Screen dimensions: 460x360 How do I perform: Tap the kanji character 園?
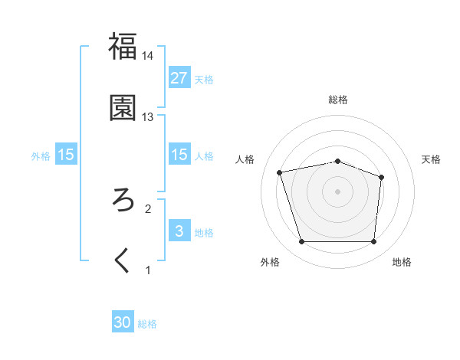pyautogui.click(x=123, y=108)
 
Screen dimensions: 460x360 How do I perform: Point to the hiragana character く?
pyautogui.click(x=123, y=261)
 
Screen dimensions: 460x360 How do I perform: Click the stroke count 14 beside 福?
pyautogui.click(x=147, y=56)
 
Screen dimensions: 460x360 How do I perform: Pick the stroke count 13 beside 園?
pyautogui.click(x=147, y=117)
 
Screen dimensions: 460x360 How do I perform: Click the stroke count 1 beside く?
pyautogui.click(x=148, y=270)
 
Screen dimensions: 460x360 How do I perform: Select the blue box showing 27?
pyautogui.click(x=179, y=77)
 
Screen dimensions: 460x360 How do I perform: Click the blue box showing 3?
pyautogui.click(x=179, y=231)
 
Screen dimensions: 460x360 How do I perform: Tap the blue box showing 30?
pyautogui.click(x=123, y=322)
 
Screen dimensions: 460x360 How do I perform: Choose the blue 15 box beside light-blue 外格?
pyautogui.click(x=66, y=155)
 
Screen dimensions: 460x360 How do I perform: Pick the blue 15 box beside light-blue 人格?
pyautogui.click(x=179, y=155)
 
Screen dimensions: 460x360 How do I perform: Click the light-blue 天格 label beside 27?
pyautogui.click(x=204, y=80)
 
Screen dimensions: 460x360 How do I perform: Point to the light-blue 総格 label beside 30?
pyautogui.click(x=147, y=324)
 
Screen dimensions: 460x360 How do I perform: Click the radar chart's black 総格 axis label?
pyautogui.click(x=337, y=100)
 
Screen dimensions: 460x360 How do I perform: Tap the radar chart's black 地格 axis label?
pyautogui.click(x=402, y=263)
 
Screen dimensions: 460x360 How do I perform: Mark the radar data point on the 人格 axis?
pyautogui.click(x=281, y=172)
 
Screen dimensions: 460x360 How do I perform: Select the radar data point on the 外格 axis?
pyautogui.click(x=301, y=242)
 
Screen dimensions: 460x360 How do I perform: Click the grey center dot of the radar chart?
pyautogui.click(x=337, y=191)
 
